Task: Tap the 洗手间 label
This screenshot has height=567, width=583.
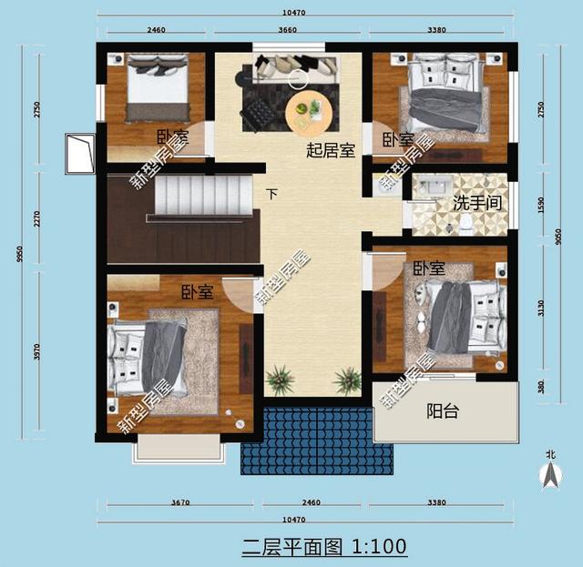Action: click(475, 201)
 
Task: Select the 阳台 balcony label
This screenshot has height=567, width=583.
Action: click(443, 411)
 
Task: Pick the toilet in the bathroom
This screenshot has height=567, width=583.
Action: click(465, 221)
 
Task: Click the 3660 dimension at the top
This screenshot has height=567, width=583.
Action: click(289, 30)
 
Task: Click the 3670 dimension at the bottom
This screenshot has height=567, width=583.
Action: click(179, 501)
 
